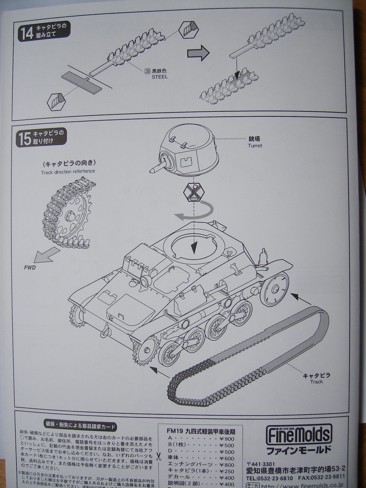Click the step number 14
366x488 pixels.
[27, 33]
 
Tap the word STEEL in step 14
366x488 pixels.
[159, 77]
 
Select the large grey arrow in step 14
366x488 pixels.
[198, 53]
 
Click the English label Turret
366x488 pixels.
[255, 146]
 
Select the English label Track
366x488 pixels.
[316, 382]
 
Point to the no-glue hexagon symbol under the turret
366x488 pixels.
[194, 192]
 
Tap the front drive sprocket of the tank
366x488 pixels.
[146, 350]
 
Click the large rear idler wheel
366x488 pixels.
[274, 289]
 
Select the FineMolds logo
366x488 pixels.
[299, 435]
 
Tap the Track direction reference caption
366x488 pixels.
[68, 172]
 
